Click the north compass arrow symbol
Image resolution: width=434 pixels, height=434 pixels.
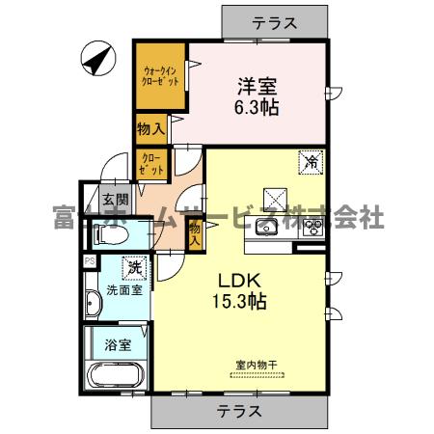pos(97,59)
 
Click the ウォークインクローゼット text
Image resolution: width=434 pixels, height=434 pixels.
pos(160,76)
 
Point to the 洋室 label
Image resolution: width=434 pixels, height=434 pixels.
pos(256,85)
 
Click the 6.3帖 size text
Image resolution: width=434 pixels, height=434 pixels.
pos(256,107)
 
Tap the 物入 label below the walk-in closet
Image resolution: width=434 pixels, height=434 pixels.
pos(150,126)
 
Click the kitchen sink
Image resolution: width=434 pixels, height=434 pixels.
pos(266,229)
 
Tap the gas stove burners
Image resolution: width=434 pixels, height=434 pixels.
pos(312,229)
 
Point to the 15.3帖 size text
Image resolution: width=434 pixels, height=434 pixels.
pos(235,300)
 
